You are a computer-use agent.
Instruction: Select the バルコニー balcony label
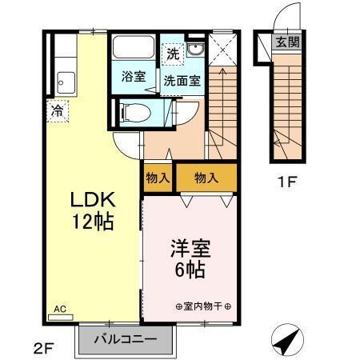(x=126, y=339)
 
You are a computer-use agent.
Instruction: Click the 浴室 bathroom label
(x=133, y=78)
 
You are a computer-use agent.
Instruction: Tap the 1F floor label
(x=286, y=182)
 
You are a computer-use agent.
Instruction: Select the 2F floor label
(x=45, y=348)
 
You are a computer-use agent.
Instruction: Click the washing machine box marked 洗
(x=174, y=54)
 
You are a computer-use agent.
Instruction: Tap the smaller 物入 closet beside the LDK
(x=158, y=178)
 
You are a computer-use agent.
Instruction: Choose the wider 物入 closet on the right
(x=206, y=178)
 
